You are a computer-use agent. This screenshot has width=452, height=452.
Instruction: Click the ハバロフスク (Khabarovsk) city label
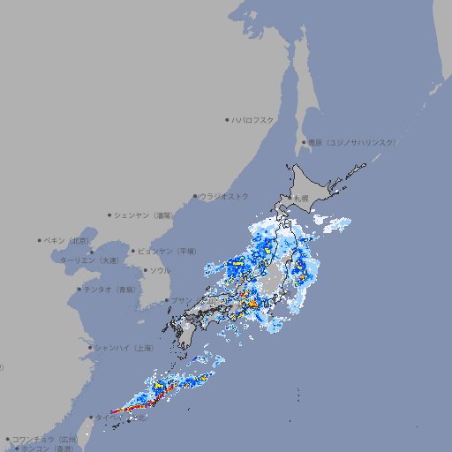(x=253, y=119)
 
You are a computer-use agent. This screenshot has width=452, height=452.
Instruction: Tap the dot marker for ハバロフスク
(x=227, y=119)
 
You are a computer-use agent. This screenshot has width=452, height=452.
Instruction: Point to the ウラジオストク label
(x=224, y=196)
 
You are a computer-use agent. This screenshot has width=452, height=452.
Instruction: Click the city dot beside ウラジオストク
(x=195, y=196)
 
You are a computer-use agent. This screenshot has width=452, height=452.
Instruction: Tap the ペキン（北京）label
(x=68, y=240)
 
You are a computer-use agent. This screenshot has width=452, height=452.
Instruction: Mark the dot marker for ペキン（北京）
(x=40, y=240)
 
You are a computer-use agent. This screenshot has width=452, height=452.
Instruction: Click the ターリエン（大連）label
(x=89, y=260)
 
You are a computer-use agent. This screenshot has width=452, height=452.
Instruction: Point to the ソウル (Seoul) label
(x=159, y=270)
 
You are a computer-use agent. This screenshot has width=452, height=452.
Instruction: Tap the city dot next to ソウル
(x=143, y=270)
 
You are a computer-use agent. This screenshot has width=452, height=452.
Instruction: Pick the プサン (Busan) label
(x=180, y=300)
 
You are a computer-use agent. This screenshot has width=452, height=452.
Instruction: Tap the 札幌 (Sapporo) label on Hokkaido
(x=300, y=199)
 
